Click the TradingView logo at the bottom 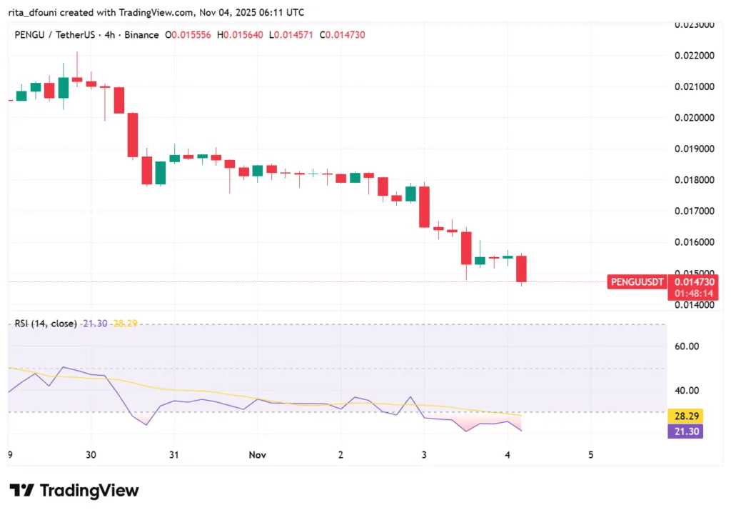click(74, 491)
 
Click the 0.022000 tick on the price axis click(693, 56)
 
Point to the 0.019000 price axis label click(693, 149)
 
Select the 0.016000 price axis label click(693, 242)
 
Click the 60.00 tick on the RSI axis click(687, 346)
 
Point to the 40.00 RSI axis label click(687, 391)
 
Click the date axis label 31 click(173, 455)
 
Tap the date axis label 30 click(91, 455)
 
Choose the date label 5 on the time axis click(590, 455)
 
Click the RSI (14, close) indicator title click(46, 324)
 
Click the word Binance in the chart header click(141, 35)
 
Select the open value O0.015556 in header click(188, 35)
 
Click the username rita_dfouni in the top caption click(31, 13)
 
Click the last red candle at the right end click(522, 269)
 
